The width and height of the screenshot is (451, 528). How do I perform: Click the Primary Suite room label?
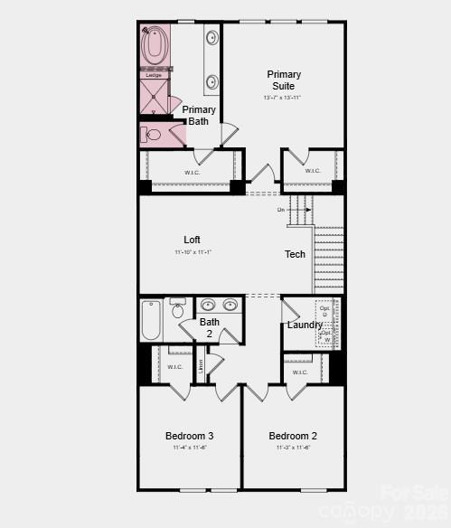[283, 80]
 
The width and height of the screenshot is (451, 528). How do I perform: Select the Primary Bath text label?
[199, 115]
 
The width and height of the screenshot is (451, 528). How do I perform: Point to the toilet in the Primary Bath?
[151, 135]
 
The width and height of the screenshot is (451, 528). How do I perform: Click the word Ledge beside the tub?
[154, 75]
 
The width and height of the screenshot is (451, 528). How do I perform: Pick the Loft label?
[192, 240]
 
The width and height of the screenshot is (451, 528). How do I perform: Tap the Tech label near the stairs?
[296, 254]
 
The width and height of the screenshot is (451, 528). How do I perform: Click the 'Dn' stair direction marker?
[281, 210]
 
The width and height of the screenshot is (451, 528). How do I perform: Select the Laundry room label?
[305, 325]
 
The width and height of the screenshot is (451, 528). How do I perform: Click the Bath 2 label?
[210, 327]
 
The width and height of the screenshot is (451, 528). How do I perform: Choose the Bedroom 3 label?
[190, 435]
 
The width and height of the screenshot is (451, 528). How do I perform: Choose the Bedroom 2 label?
[293, 435]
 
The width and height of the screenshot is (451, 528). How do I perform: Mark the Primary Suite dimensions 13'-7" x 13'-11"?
[283, 98]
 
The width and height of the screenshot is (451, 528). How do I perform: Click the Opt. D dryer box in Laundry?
[325, 312]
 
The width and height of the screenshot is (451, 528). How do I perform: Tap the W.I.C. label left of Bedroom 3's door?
[175, 367]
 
